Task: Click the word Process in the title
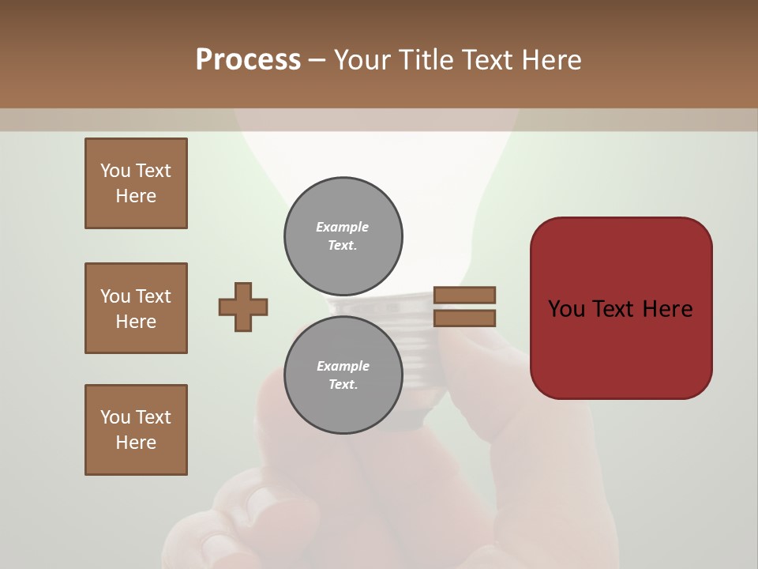click(248, 60)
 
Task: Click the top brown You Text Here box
click(136, 183)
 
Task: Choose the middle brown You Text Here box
click(136, 308)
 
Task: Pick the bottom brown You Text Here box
click(136, 430)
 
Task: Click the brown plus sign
click(243, 307)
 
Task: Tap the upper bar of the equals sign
click(464, 295)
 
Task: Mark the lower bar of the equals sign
click(464, 318)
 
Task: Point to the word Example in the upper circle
click(343, 227)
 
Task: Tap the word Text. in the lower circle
click(343, 385)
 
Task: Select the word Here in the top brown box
click(136, 196)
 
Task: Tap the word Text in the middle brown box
click(152, 296)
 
